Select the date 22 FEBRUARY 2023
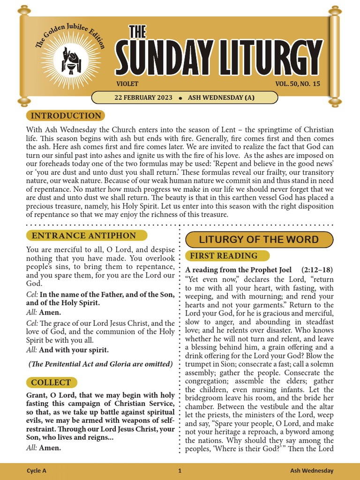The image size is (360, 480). [x=143, y=97]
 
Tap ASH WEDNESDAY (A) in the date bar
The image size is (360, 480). [x=221, y=97]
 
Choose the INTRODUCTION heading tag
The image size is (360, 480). [x=65, y=116]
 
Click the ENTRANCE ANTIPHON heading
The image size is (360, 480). [x=87, y=236]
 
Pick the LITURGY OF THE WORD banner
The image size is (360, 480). [x=259, y=240]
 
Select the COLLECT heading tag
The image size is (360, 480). [x=51, y=382]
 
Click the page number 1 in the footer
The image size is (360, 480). [x=180, y=471]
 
